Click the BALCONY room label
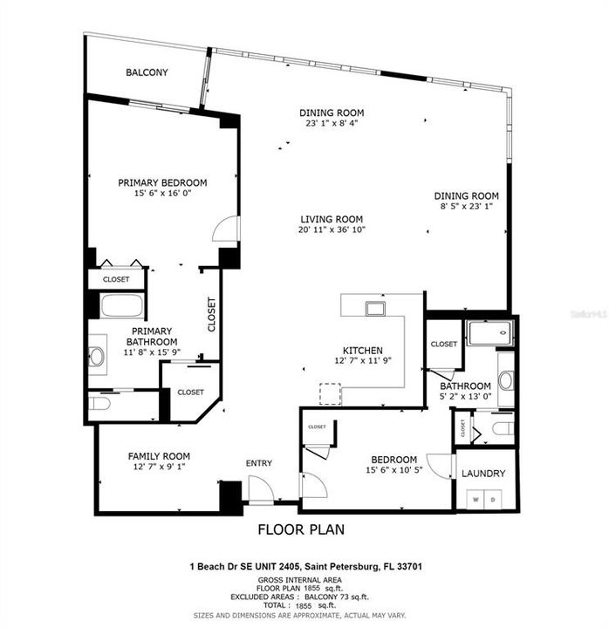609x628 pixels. tap(147, 72)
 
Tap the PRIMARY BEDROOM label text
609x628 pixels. tap(162, 182)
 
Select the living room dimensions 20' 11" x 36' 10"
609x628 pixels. tap(332, 230)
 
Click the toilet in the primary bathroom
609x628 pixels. tap(100, 405)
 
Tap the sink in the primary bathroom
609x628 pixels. tap(96, 356)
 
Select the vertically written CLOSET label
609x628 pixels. tap(211, 315)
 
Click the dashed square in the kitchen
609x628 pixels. tap(331, 393)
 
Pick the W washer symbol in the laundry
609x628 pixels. tap(476, 501)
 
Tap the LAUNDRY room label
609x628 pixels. tap(483, 474)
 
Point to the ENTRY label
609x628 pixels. tap(259, 463)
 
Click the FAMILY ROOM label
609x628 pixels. tap(159, 456)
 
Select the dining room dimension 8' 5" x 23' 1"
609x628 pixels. tap(467, 208)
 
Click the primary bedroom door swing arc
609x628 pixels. tap(224, 229)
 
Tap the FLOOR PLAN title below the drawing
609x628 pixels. tap(301, 529)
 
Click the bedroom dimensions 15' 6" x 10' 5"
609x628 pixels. tap(395, 471)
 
